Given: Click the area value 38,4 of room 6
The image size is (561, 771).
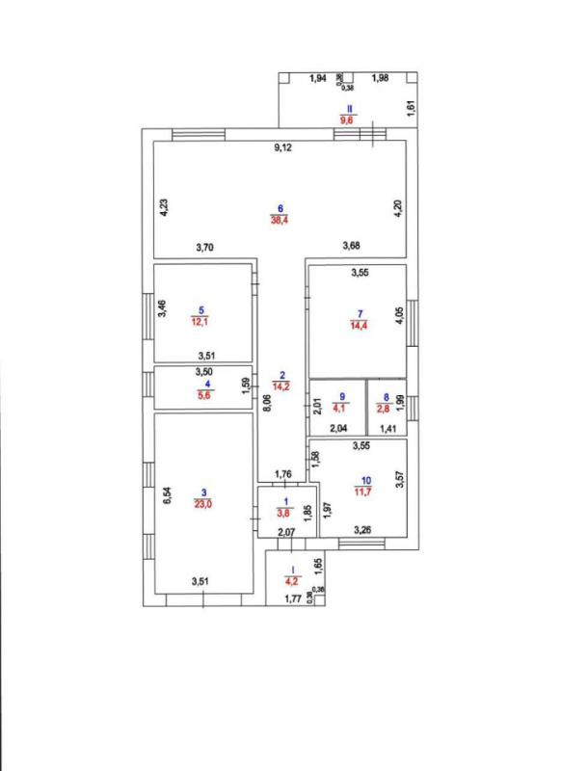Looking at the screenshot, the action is click(x=279, y=220).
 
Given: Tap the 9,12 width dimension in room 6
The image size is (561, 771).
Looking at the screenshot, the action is click(x=282, y=147).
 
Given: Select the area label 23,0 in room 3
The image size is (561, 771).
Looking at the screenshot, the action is click(x=203, y=503).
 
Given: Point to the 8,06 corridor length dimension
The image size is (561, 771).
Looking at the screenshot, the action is click(x=266, y=404).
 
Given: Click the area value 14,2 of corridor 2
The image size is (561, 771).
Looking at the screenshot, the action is click(x=280, y=386).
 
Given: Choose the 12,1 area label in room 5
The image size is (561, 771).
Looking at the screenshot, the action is click(x=200, y=322).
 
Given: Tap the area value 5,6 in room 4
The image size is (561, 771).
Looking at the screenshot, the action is click(x=204, y=394).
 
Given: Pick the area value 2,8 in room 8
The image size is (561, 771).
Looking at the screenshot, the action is click(x=387, y=408).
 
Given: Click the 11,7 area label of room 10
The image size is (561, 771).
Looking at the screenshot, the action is click(x=364, y=491).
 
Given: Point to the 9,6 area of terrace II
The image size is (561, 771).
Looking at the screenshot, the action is click(x=349, y=120).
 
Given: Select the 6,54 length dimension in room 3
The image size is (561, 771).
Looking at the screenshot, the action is click(x=167, y=494).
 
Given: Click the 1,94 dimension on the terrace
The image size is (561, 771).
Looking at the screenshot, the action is click(x=318, y=78).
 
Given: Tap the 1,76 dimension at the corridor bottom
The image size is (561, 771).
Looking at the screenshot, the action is click(x=283, y=474).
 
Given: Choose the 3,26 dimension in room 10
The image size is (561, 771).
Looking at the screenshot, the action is click(x=362, y=529).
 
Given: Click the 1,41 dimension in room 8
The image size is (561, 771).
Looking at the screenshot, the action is click(x=387, y=429).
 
